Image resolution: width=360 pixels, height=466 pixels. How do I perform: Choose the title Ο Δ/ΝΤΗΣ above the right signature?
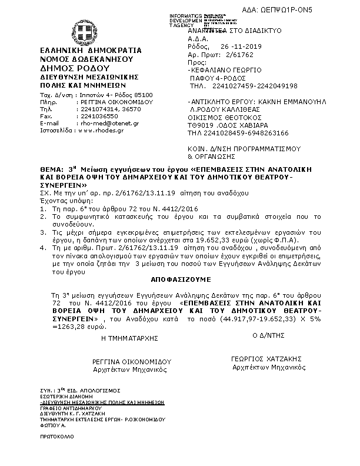point(264,335)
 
